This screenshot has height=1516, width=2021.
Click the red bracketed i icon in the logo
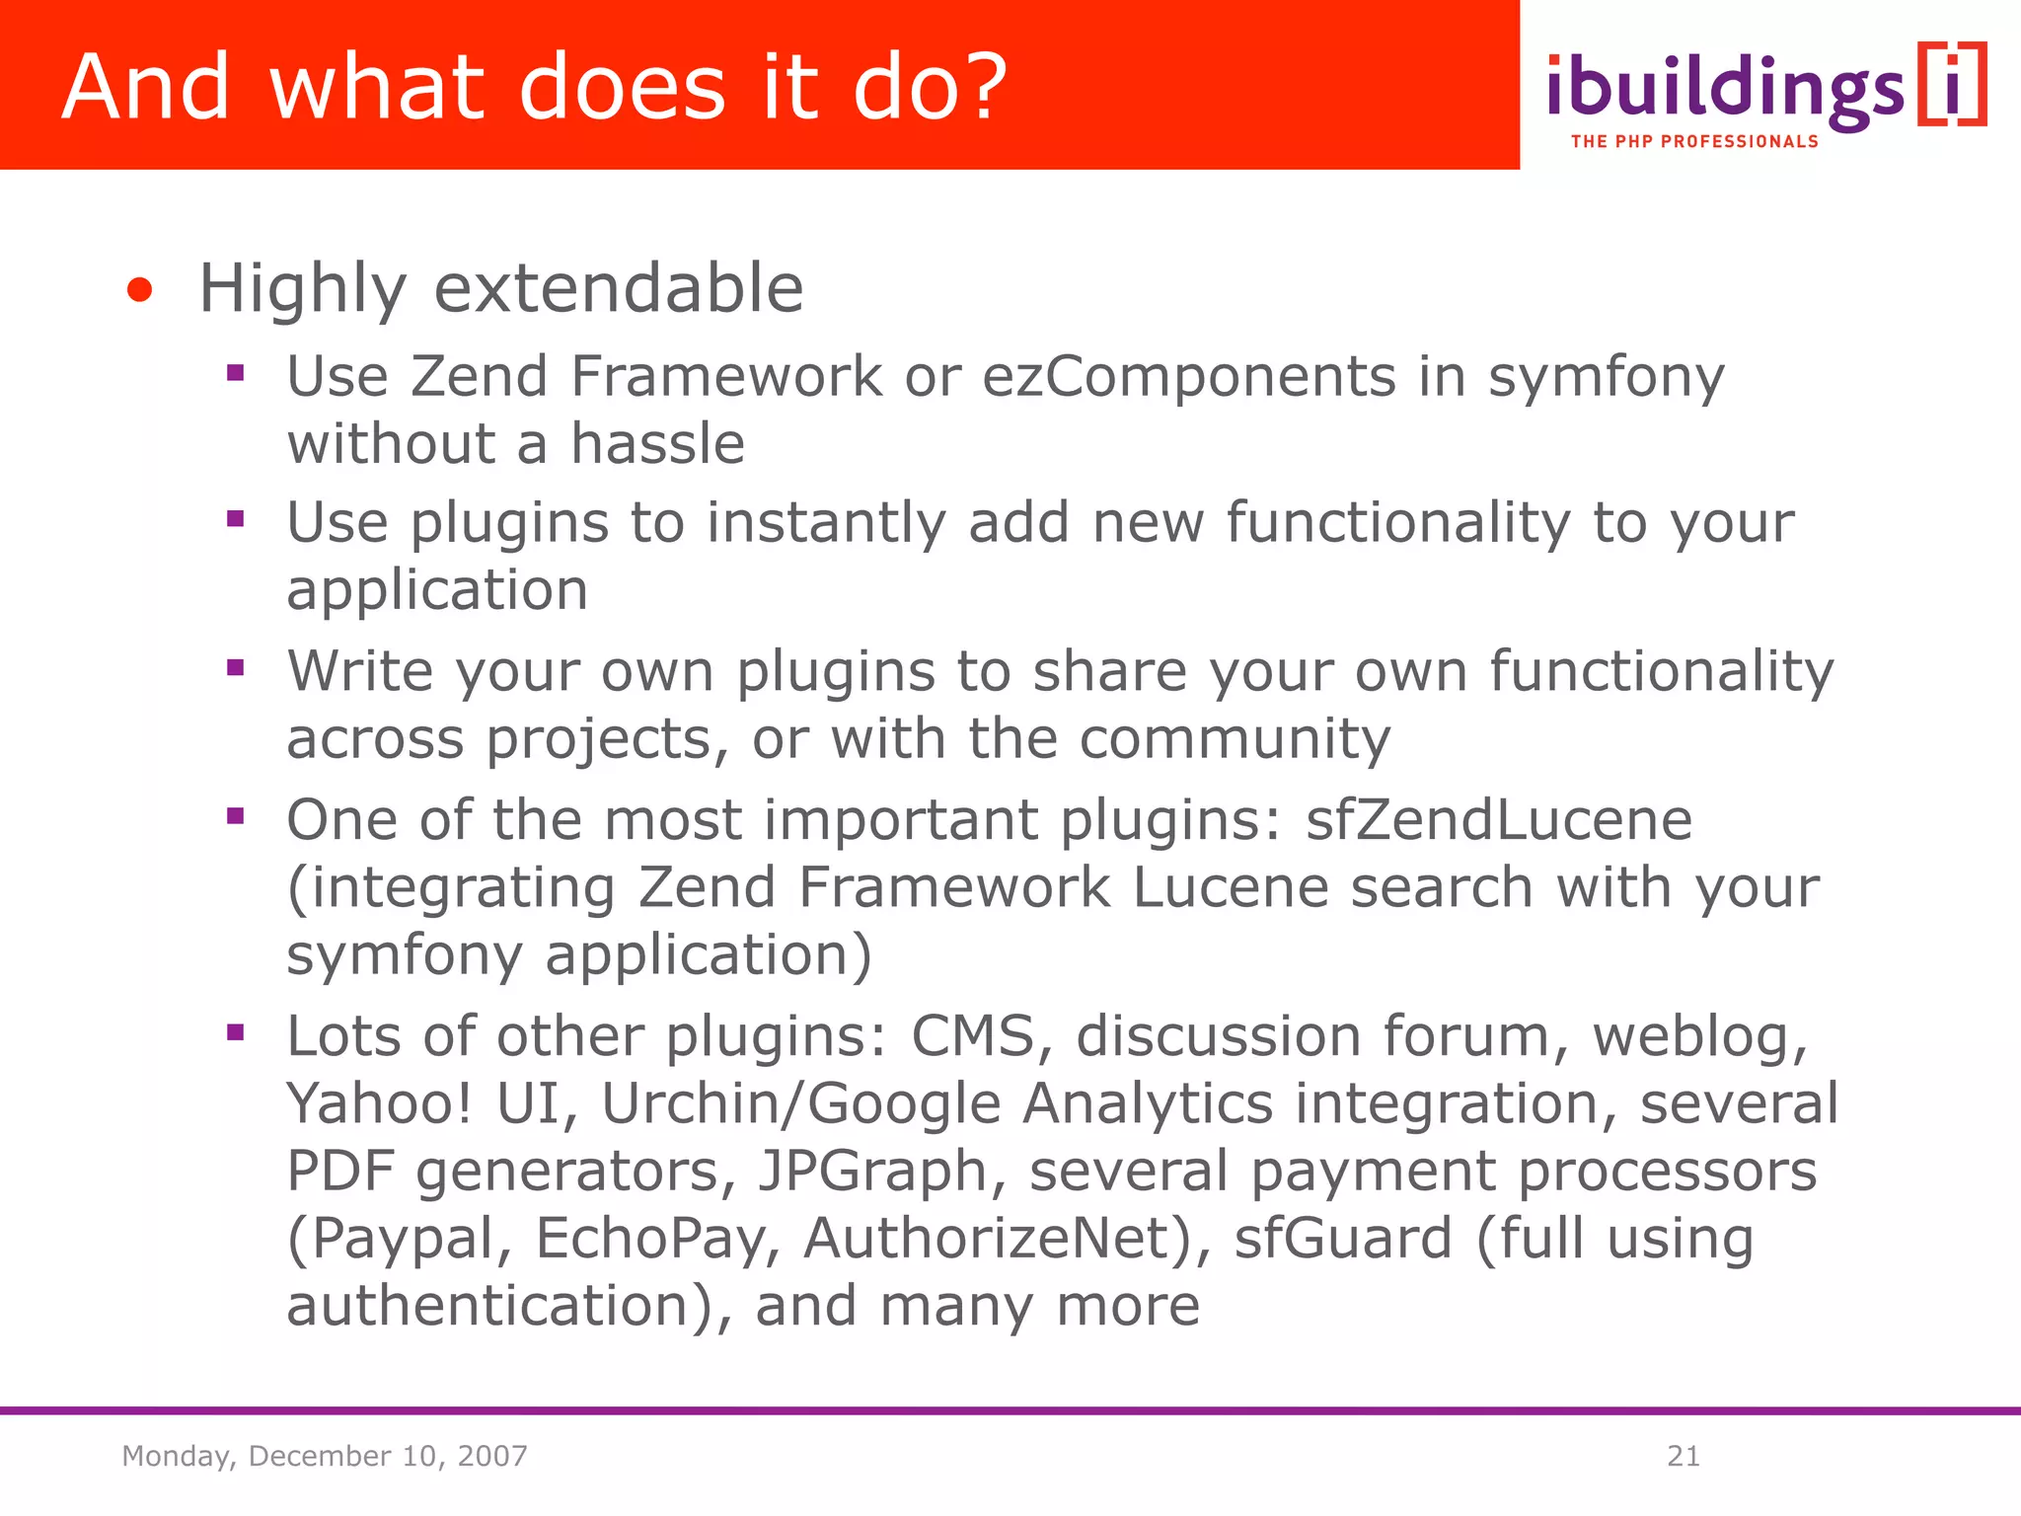click(x=1952, y=85)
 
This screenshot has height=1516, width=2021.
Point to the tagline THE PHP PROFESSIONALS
click(x=1693, y=142)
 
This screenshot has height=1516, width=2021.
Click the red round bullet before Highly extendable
click(x=140, y=290)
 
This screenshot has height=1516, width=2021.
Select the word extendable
click(x=619, y=289)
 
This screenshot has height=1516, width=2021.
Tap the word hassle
click(x=657, y=443)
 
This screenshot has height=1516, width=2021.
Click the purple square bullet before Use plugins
click(x=235, y=519)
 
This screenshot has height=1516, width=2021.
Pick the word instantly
click(x=826, y=523)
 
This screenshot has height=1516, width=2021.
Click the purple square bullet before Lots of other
click(x=235, y=1033)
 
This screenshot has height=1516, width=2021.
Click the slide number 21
click(x=1683, y=1456)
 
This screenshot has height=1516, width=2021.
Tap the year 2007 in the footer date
click(x=491, y=1456)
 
